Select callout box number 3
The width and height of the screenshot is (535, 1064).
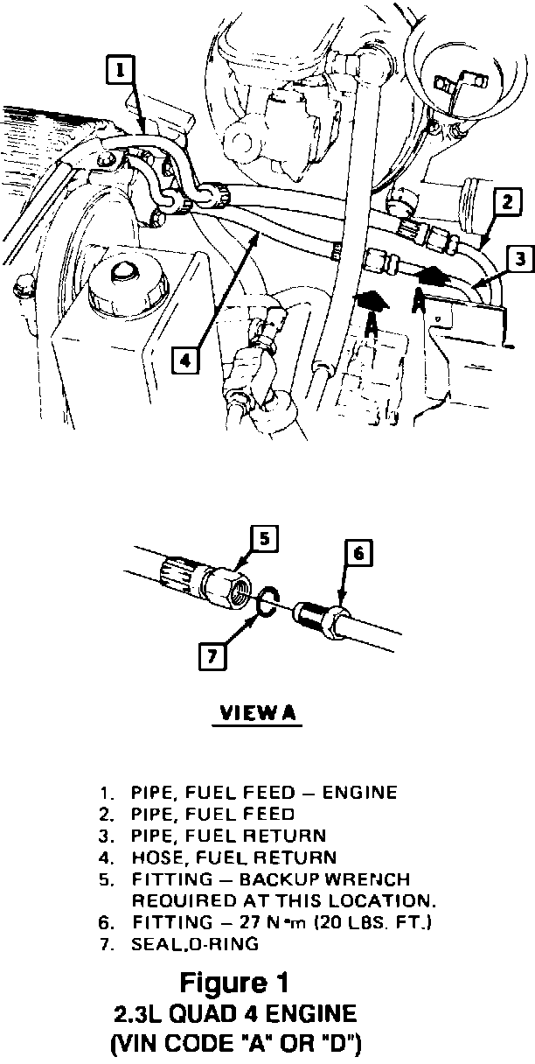[x=519, y=258]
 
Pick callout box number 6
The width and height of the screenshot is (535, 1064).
[x=358, y=553]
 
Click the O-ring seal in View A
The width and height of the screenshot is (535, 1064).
[x=268, y=601]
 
